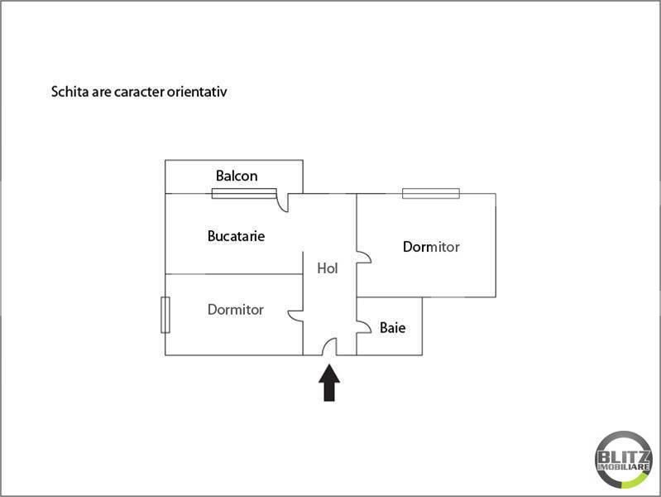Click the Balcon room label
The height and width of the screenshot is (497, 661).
point(237,176)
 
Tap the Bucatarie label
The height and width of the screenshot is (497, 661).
point(236,236)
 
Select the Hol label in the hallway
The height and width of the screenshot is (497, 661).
point(328,268)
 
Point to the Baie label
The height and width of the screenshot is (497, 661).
point(392,328)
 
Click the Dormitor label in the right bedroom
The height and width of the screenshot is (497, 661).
point(431,247)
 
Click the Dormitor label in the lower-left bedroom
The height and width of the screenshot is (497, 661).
point(236,310)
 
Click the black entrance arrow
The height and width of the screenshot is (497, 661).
point(329,383)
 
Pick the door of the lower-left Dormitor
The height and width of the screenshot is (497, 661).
point(295,316)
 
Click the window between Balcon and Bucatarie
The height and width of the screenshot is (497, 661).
point(244,193)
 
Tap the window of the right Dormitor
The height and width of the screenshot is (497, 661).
point(431,193)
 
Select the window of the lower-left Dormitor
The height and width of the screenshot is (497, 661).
point(165,315)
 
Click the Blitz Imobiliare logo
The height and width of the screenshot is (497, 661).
point(624,460)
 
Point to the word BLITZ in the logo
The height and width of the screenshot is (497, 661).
point(624,457)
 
